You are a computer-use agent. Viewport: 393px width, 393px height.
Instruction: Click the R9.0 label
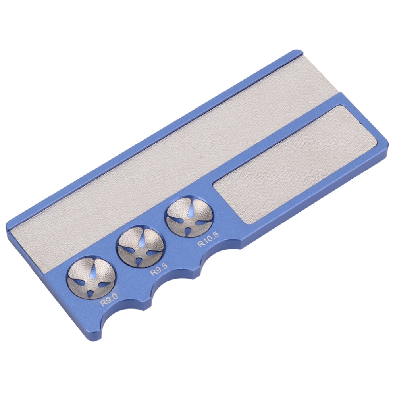109,300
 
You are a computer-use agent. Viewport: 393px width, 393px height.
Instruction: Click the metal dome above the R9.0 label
91,278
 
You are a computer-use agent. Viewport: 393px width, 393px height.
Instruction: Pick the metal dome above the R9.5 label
141,248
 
